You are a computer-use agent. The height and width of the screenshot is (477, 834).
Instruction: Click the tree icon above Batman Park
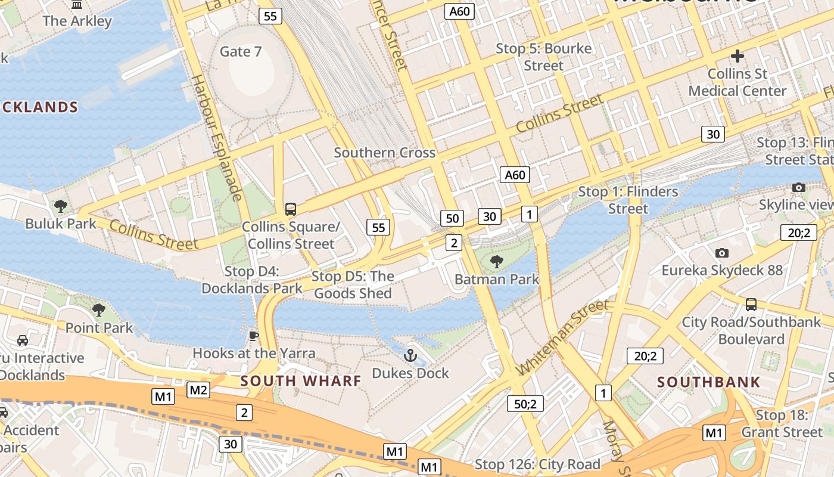(x=496, y=261)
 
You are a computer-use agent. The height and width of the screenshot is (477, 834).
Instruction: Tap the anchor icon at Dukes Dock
(x=410, y=356)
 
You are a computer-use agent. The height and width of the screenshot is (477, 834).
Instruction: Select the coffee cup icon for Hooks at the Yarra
(x=254, y=336)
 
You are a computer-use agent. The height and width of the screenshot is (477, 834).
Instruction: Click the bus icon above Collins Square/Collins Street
(x=291, y=209)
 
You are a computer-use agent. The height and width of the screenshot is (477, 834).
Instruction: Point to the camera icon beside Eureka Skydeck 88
(x=722, y=253)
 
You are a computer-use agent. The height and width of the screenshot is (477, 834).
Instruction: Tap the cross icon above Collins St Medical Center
(x=737, y=56)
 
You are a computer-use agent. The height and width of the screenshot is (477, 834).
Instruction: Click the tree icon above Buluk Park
(x=60, y=206)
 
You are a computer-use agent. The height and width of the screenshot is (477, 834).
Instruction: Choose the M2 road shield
(x=198, y=391)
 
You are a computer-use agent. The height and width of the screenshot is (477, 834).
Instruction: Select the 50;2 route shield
(x=525, y=404)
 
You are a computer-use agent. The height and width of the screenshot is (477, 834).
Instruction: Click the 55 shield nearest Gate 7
(x=270, y=16)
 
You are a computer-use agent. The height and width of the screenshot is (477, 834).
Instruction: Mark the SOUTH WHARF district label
(x=301, y=381)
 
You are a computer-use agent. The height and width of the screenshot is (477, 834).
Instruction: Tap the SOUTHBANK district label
(x=709, y=382)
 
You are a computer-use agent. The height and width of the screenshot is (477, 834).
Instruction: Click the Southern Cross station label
(x=384, y=153)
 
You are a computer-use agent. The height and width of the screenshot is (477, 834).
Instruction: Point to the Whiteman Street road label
(x=563, y=337)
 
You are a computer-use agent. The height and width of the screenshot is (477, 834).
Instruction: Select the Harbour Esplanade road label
(x=217, y=137)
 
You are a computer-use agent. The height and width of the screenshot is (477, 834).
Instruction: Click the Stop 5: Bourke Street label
(x=544, y=57)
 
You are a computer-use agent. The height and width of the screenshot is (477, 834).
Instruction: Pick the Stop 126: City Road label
(x=537, y=464)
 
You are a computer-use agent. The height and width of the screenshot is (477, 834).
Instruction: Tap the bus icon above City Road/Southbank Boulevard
(x=751, y=305)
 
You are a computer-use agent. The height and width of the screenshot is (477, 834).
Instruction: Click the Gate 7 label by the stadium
(x=241, y=52)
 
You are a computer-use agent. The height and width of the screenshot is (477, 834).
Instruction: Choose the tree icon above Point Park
(x=99, y=310)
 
